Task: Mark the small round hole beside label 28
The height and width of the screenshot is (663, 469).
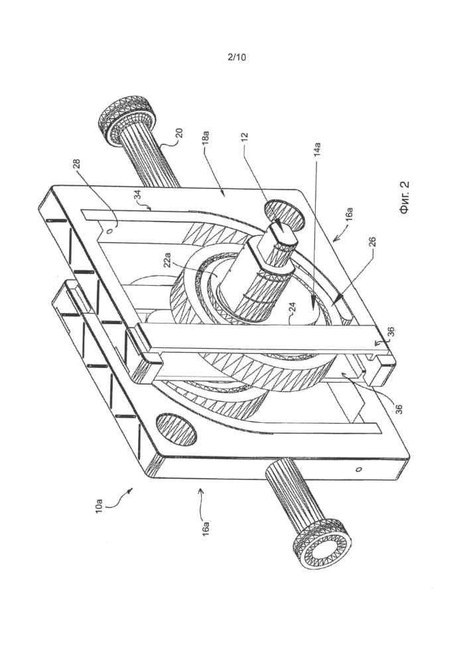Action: click(107, 232)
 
